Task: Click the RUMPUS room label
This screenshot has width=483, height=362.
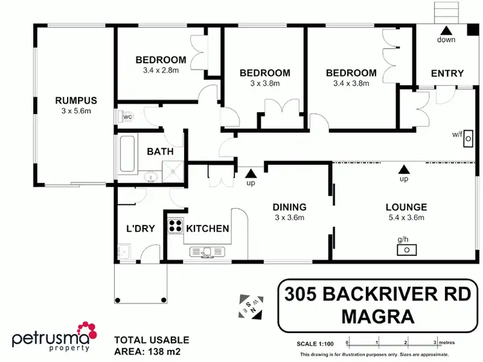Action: [75, 100]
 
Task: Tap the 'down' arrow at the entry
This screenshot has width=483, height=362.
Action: [446, 30]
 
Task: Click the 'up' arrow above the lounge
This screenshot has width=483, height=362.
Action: [404, 168]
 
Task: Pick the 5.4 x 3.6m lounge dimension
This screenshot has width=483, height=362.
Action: [406, 218]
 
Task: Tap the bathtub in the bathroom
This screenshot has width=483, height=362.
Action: [126, 155]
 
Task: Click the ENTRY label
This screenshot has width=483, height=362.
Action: [447, 73]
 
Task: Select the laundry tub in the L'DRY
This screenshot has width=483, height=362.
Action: [124, 251]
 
